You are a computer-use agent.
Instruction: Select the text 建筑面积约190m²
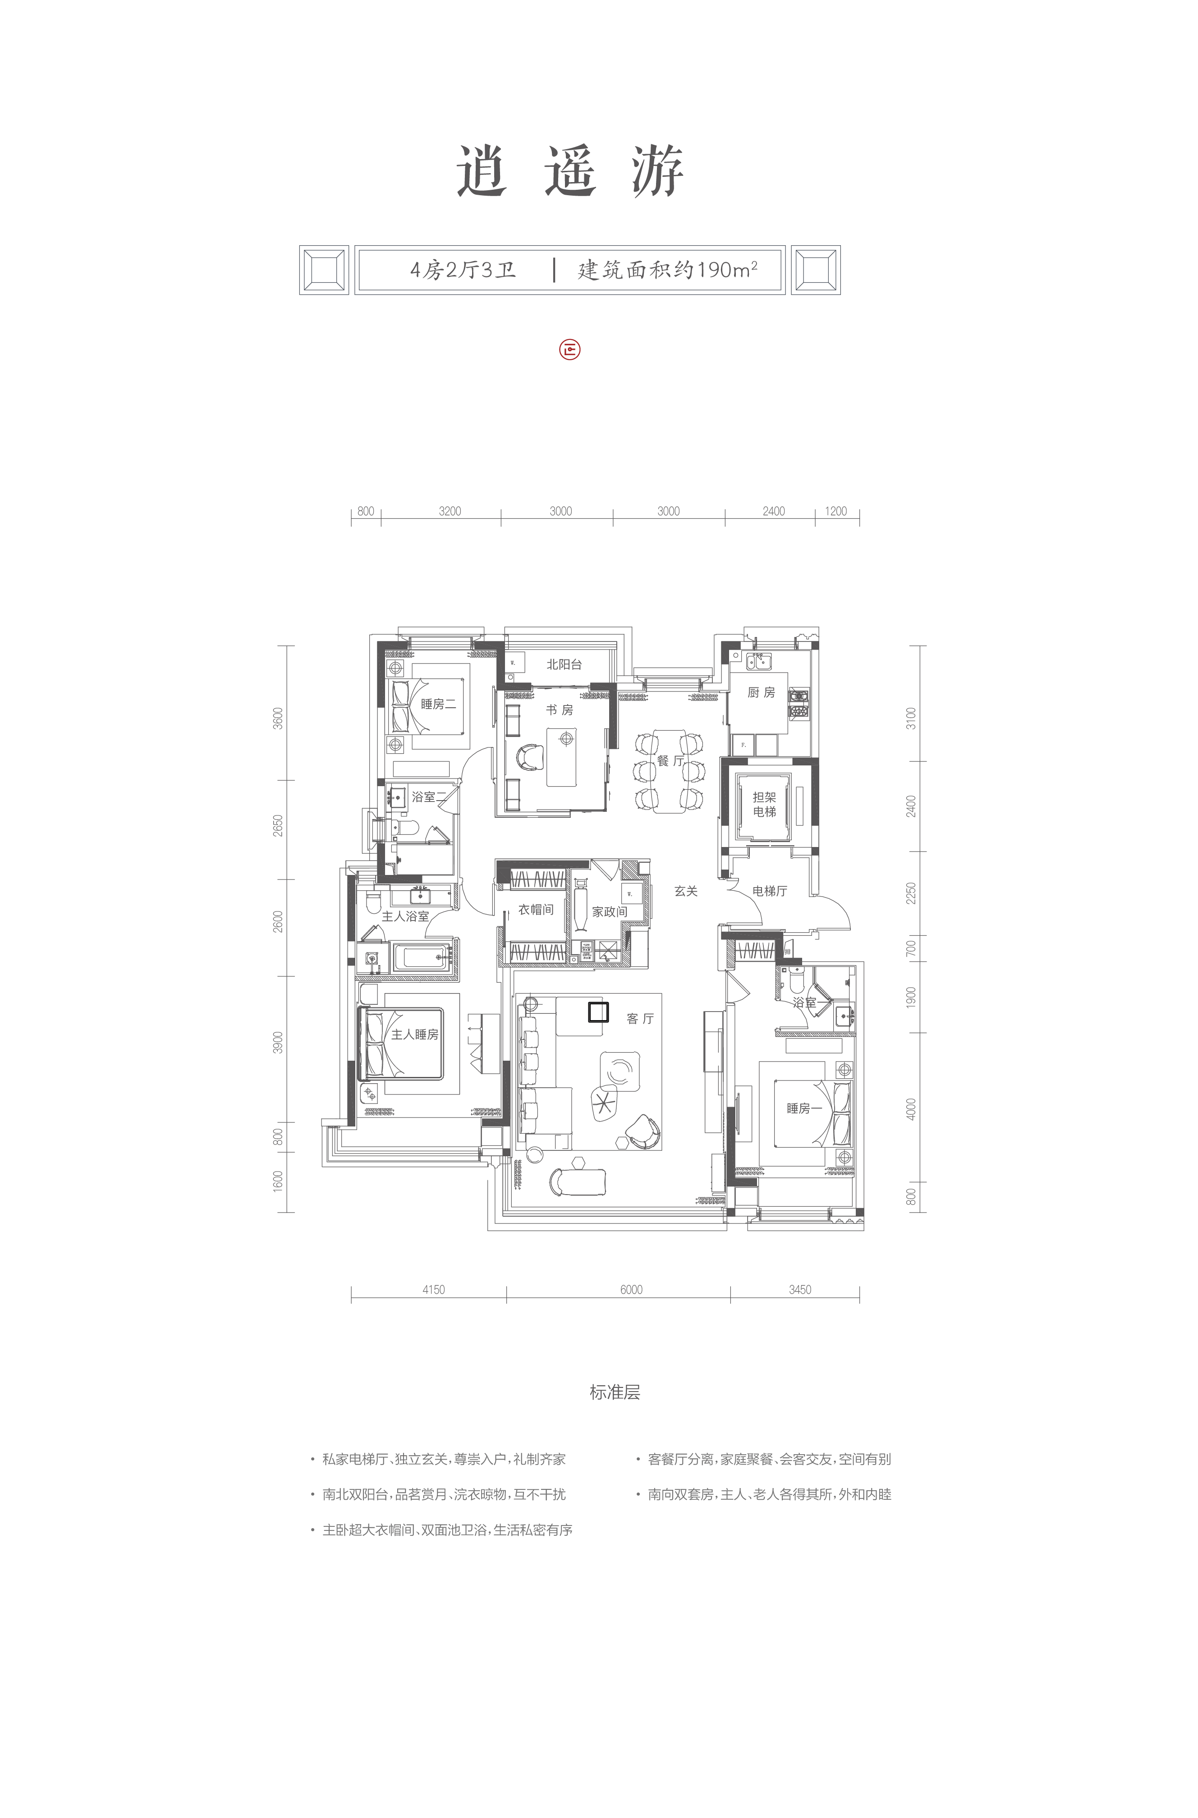pos(667,270)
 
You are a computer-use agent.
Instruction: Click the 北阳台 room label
pos(564,664)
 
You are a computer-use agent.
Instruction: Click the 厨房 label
pos(761,692)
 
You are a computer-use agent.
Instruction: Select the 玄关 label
pos(686,891)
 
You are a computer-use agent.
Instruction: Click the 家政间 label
pos(610,912)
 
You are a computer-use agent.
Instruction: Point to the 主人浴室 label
pos(406,916)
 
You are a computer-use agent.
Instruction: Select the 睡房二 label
pos(439,704)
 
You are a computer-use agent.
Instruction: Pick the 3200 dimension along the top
pos(450,512)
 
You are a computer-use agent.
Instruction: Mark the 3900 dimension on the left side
pos(278,1043)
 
